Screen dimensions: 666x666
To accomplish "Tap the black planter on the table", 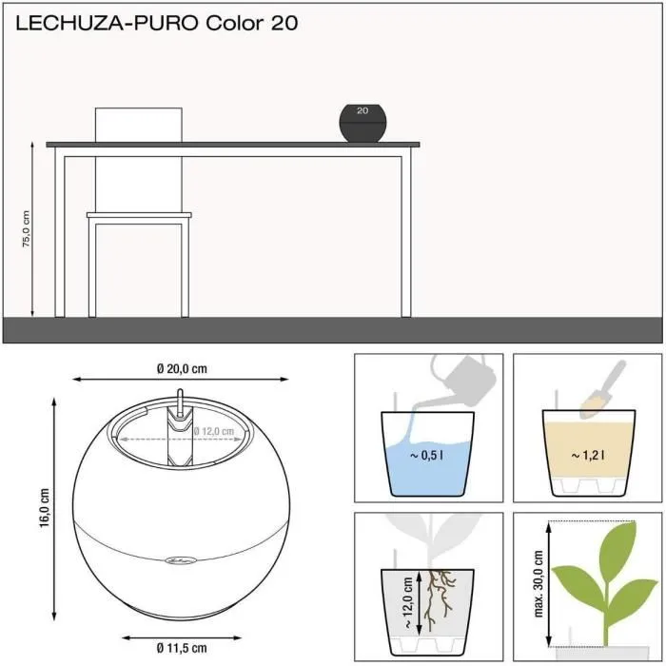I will pyautogui.click(x=362, y=124).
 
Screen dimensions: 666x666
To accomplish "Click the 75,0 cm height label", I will pyautogui.click(x=28, y=228).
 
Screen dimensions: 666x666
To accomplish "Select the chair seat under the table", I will pyautogui.click(x=139, y=216).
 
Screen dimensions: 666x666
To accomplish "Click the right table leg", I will pyautogui.click(x=406, y=233).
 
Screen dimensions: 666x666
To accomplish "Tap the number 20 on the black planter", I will pyautogui.click(x=362, y=110).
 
